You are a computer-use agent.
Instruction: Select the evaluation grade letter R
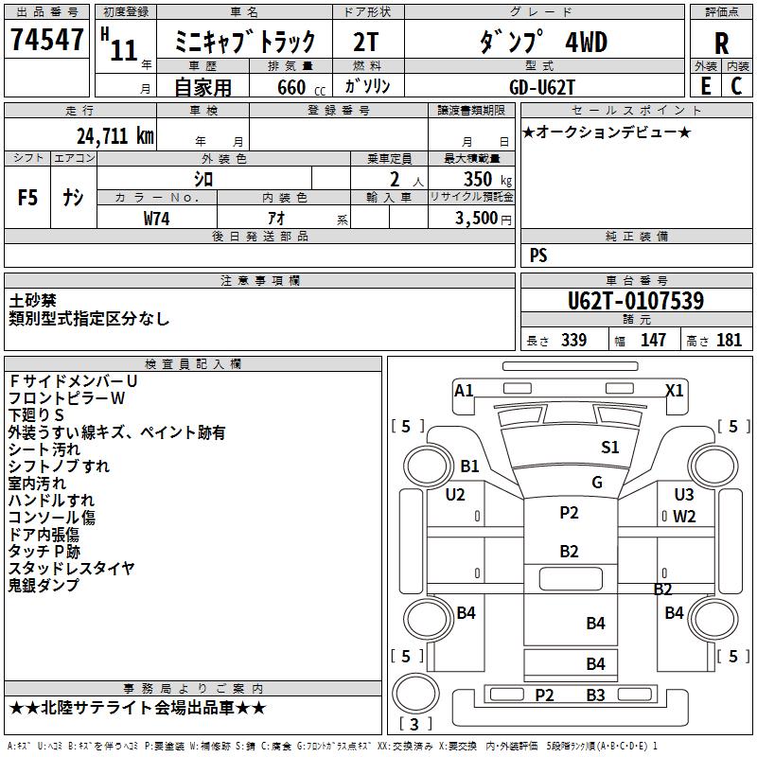(721, 43)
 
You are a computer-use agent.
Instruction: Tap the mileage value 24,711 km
(116, 136)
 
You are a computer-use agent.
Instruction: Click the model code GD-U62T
(542, 86)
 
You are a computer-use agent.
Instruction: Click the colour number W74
(158, 218)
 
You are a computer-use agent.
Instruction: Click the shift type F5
(28, 198)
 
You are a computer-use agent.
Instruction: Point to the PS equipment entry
(538, 255)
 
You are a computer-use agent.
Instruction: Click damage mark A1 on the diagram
(464, 390)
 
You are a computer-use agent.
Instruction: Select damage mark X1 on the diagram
(675, 390)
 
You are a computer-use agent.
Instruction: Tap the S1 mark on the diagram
(610, 448)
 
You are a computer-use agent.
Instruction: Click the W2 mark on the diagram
(684, 517)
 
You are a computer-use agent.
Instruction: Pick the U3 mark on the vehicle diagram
(684, 494)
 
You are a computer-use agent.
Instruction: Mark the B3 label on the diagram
(595, 695)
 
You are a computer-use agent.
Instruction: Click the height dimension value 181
(730, 340)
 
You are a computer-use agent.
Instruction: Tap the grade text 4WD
(586, 43)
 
